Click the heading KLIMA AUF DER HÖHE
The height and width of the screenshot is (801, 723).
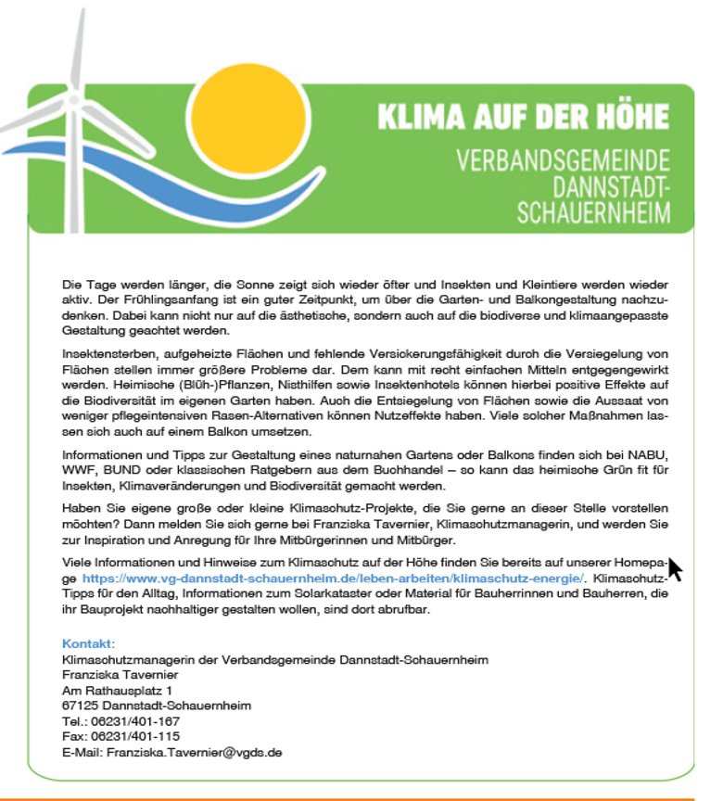tap(523, 118)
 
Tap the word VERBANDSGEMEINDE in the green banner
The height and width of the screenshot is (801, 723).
tap(563, 159)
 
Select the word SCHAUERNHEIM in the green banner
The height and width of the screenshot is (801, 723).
tap(593, 211)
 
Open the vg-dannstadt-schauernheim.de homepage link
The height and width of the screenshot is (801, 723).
tap(334, 578)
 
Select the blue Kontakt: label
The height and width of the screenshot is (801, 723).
tap(88, 643)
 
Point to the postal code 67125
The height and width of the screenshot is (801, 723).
tap(80, 706)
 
